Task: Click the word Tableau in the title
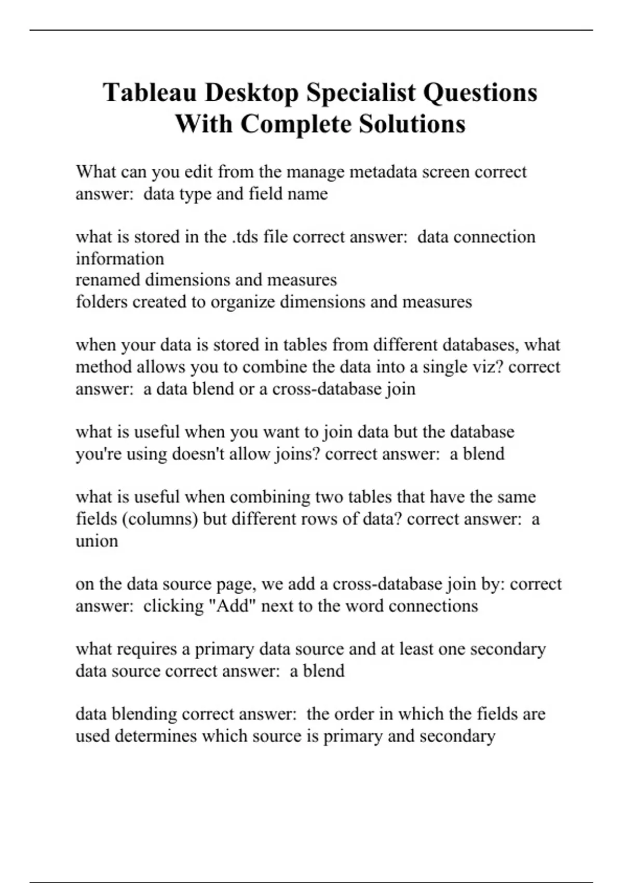tap(149, 93)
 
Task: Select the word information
tap(119, 259)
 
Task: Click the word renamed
tap(107, 280)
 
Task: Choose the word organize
tap(242, 302)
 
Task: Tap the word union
tap(97, 541)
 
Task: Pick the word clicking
tap(173, 606)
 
